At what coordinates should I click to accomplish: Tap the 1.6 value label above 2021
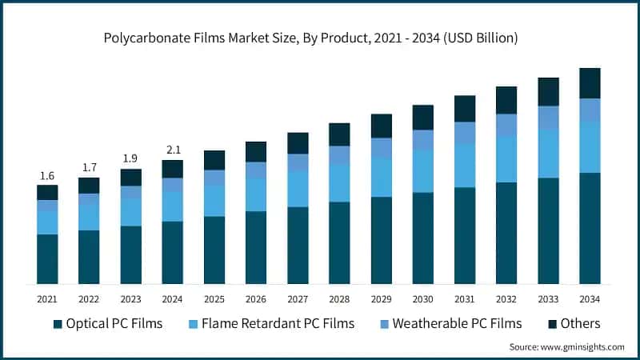(47, 176)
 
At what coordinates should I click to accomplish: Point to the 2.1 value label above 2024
(172, 150)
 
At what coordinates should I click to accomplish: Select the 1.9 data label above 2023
(130, 158)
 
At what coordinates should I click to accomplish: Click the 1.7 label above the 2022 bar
(89, 168)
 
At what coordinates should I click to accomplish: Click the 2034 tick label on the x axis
(590, 298)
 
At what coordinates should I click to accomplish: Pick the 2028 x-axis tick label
(339, 298)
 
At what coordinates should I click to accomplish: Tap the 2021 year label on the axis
(47, 298)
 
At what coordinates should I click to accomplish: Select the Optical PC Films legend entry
(107, 323)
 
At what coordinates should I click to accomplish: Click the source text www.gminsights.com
(566, 347)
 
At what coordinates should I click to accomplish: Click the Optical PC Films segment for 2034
(590, 228)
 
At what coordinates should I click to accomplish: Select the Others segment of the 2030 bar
(422, 117)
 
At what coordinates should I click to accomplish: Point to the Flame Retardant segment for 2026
(256, 194)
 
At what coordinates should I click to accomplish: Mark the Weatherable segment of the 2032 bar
(506, 124)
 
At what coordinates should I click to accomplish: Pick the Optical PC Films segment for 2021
(47, 258)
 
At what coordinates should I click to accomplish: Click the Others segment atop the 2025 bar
(214, 160)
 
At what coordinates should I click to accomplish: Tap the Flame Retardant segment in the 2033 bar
(548, 153)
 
